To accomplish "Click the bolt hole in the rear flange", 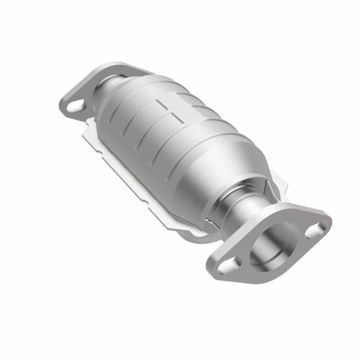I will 76,107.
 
